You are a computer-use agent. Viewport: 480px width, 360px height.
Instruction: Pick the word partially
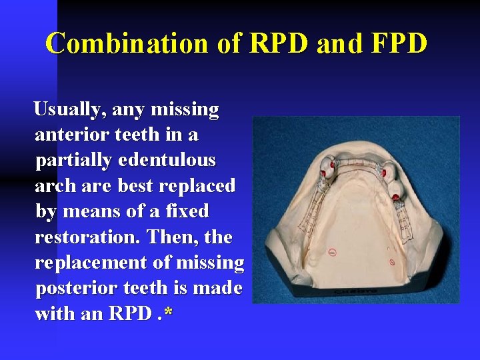77,161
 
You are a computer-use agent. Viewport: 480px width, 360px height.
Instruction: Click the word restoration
86,237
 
